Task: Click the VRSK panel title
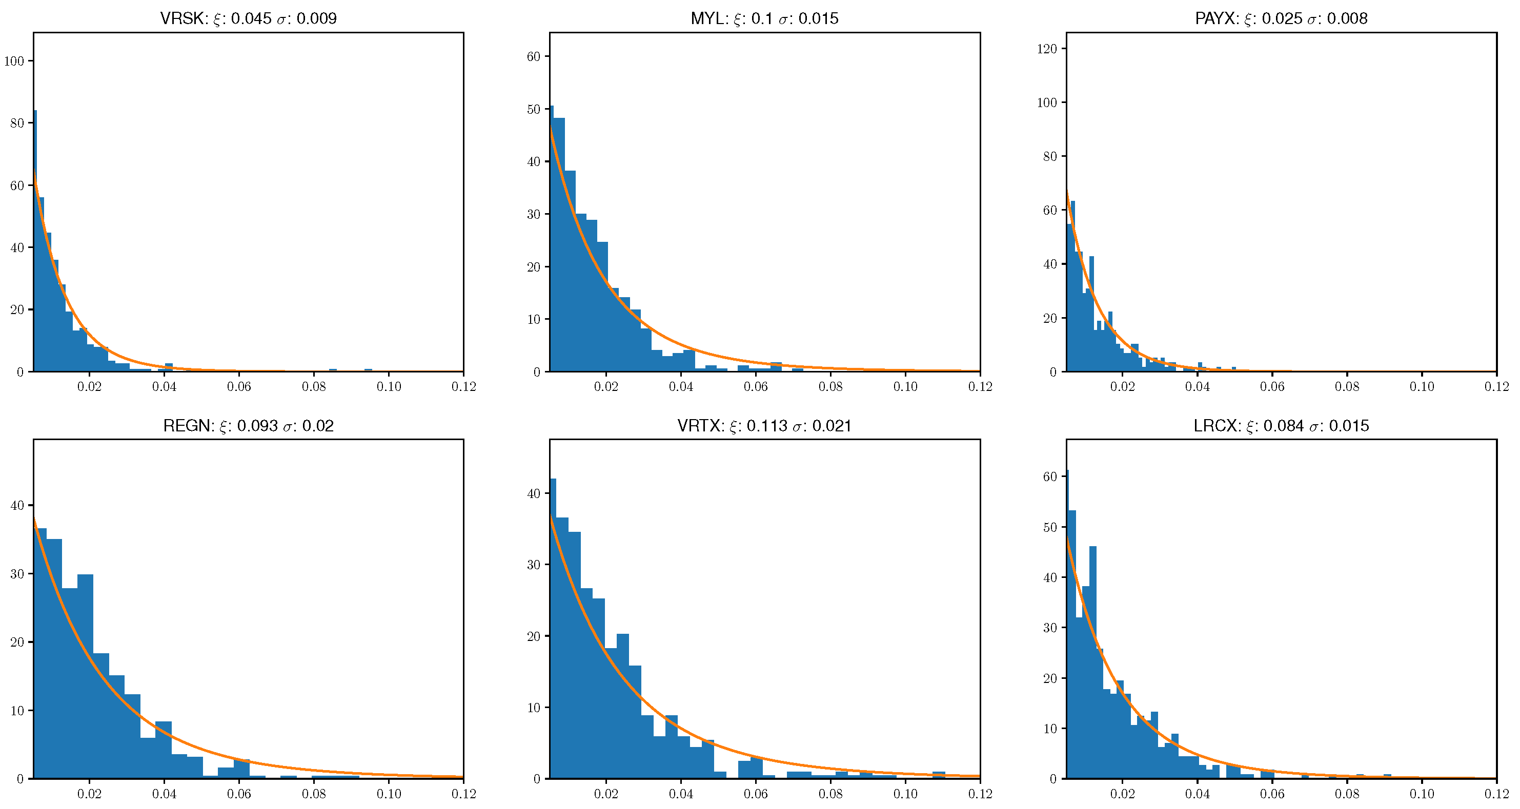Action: (x=249, y=18)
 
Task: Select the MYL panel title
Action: (x=765, y=18)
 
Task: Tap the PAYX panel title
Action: (x=1281, y=18)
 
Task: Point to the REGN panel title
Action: (x=249, y=426)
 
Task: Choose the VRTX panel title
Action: (x=765, y=426)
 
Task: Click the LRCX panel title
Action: (x=1281, y=426)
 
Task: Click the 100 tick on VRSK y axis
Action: (x=14, y=61)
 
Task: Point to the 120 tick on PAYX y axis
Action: (x=1047, y=48)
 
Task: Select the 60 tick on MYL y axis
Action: (x=534, y=56)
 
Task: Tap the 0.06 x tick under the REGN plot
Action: (x=239, y=794)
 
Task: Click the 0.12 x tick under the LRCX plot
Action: (x=1496, y=794)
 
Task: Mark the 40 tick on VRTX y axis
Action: (x=534, y=493)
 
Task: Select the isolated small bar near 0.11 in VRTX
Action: (x=939, y=775)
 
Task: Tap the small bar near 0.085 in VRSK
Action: (x=333, y=370)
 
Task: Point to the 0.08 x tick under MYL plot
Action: (x=830, y=387)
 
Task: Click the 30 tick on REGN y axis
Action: (x=17, y=574)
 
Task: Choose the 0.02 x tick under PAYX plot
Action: (x=1122, y=387)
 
